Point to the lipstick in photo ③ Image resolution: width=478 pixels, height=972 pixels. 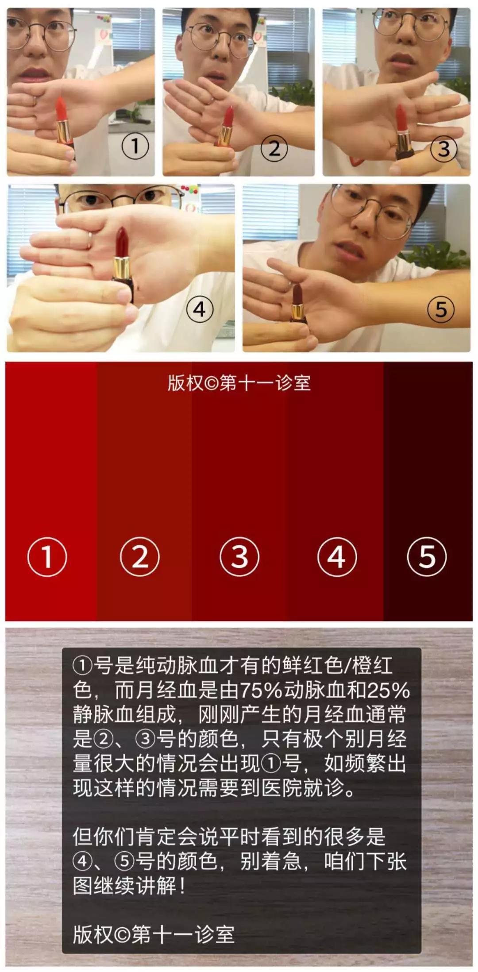[x=401, y=117]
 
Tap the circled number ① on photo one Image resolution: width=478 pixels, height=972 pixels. [x=135, y=146]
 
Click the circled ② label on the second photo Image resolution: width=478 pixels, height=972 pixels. [x=274, y=149]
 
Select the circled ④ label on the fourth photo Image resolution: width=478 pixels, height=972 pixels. [x=200, y=309]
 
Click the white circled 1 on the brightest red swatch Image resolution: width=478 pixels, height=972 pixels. [x=47, y=556]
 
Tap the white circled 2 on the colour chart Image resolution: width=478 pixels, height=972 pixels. [x=140, y=556]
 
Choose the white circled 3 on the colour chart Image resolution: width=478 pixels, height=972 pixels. [x=239, y=556]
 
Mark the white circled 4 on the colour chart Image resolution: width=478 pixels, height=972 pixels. [x=337, y=556]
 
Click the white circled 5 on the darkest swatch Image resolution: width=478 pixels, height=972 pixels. [x=427, y=556]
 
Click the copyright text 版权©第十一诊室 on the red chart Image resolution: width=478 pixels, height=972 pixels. [x=239, y=383]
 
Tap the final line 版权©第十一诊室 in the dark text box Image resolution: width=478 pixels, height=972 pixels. [x=154, y=934]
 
